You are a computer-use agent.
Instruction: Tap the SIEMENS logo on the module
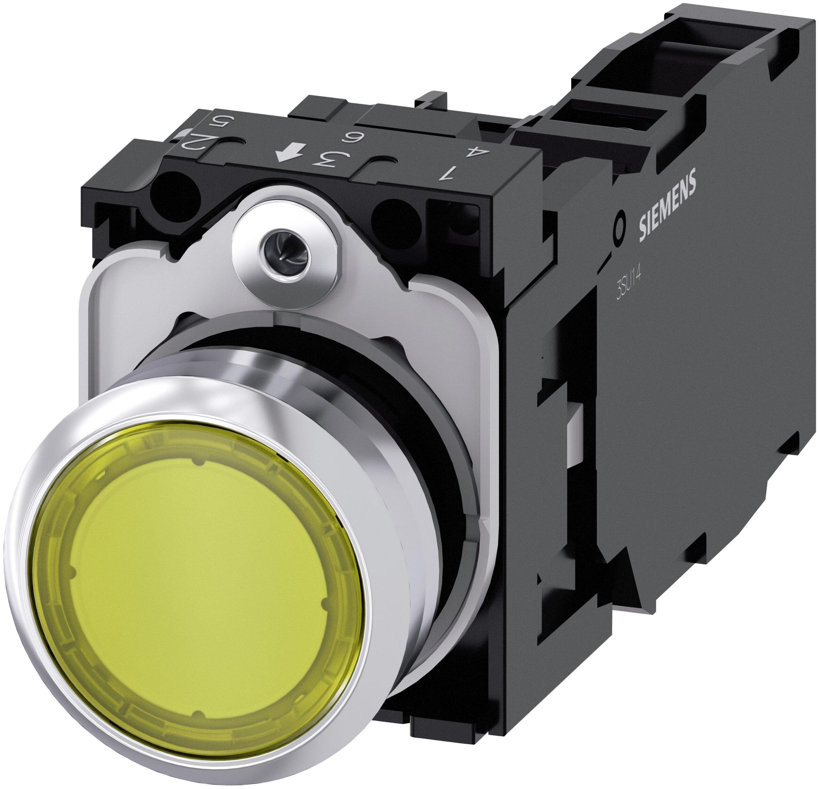(x=667, y=205)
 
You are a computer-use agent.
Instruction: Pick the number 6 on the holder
(x=350, y=138)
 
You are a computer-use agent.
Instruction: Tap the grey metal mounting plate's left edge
(x=86, y=334)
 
